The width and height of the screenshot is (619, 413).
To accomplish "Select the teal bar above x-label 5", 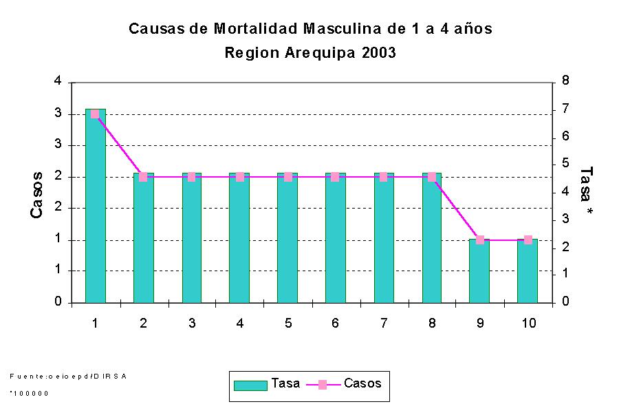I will [287, 237].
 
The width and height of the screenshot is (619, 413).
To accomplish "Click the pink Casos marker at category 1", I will [95, 114].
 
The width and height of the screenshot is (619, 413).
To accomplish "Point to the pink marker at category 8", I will [431, 177].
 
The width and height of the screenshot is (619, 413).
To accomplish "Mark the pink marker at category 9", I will [479, 240].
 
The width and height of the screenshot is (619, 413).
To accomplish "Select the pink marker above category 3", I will [191, 177].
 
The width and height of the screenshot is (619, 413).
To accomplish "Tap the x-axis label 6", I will [335, 323].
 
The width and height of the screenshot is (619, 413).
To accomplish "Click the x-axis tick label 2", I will [143, 323].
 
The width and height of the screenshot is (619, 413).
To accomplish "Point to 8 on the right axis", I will [565, 81].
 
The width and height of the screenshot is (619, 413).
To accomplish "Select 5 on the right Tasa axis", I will [565, 164].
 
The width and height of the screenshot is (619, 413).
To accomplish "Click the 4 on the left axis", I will [58, 81].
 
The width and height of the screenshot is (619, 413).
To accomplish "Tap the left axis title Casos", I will [37, 195].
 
